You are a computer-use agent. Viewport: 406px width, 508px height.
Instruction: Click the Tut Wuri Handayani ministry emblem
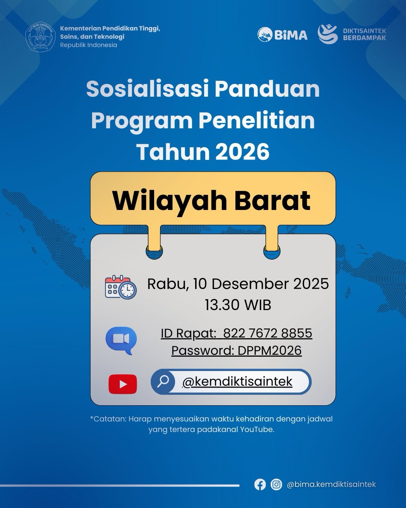coord(40,37)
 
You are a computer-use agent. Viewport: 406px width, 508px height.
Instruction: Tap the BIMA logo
coord(282,35)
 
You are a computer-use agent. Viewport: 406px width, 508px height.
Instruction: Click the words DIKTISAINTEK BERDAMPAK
coord(365,34)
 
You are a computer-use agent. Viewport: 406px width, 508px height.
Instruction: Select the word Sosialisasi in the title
coord(148,89)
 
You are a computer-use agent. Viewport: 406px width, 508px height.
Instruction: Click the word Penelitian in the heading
coord(256,120)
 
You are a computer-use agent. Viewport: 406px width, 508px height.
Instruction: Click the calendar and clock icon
coord(121,287)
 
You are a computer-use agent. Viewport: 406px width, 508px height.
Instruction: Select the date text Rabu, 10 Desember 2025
coord(238,284)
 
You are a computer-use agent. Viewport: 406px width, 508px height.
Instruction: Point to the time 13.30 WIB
coord(238,305)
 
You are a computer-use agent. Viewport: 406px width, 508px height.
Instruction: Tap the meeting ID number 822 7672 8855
coord(268,333)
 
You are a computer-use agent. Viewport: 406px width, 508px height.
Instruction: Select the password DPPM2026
coord(270,350)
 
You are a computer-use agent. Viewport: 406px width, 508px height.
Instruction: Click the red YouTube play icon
coord(123,384)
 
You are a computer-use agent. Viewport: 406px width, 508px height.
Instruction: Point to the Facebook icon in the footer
coord(260,485)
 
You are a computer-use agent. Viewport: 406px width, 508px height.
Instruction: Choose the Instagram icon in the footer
coord(276,485)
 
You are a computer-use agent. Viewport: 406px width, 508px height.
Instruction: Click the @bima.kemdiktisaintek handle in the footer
coord(331,484)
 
